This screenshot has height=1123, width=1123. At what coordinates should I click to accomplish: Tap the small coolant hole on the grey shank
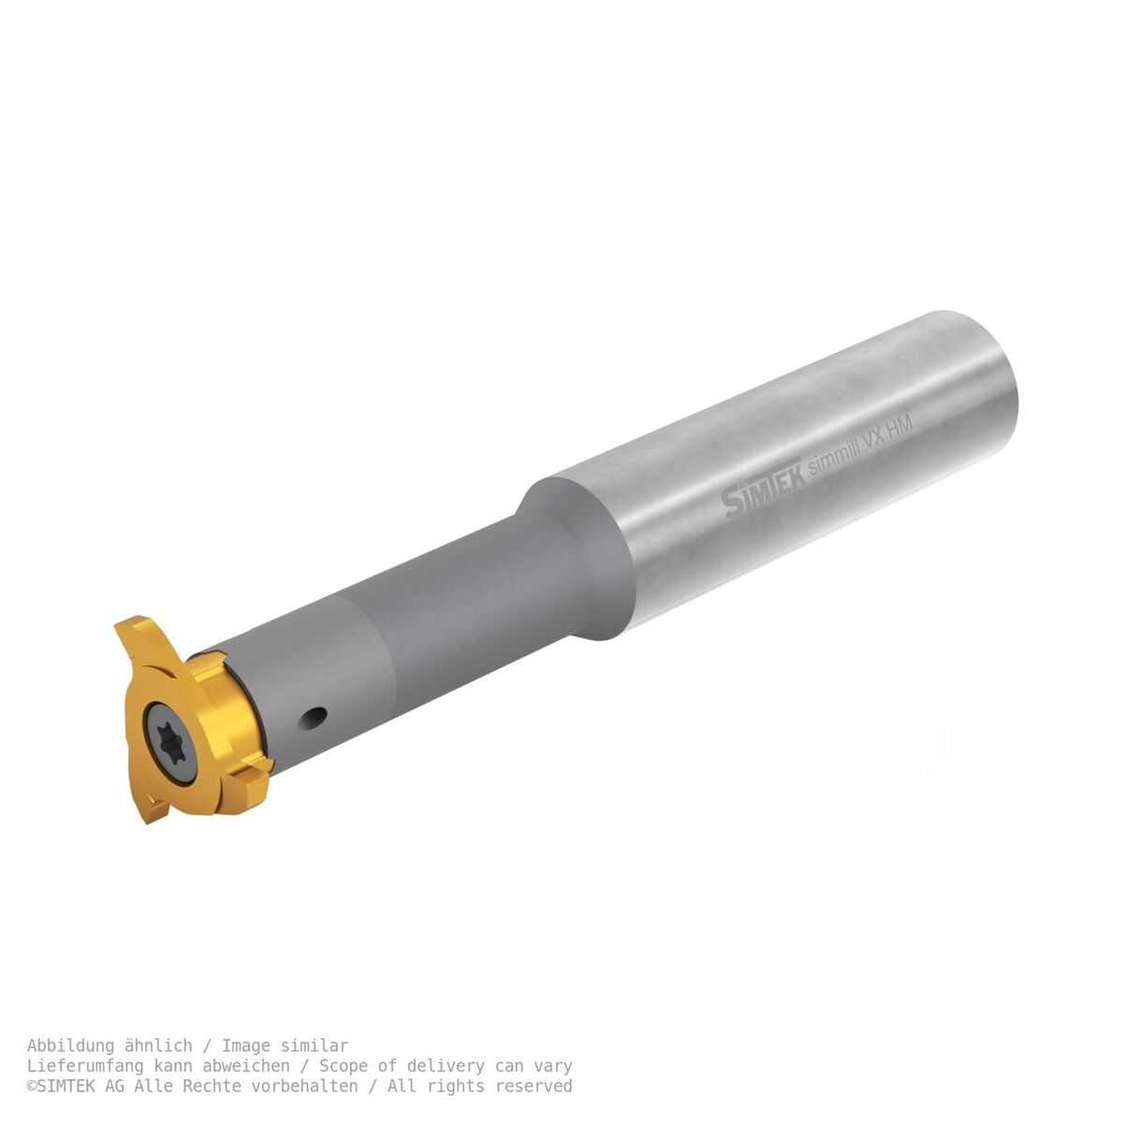pyautogui.click(x=314, y=718)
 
